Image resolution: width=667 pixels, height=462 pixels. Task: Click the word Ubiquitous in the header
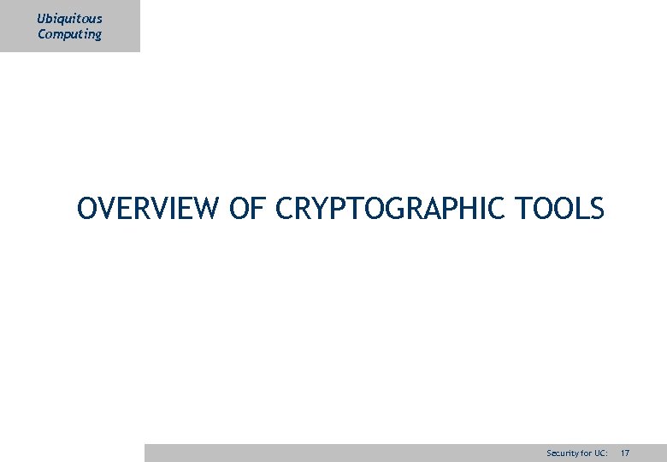click(69, 19)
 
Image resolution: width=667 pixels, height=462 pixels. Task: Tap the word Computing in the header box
click(69, 34)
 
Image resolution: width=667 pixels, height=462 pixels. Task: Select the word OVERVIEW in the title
click(148, 209)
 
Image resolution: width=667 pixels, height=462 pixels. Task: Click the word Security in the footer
click(561, 452)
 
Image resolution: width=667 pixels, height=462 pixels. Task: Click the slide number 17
click(625, 452)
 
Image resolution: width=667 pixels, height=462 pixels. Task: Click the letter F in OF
click(259, 209)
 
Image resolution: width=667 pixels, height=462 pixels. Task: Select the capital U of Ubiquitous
click(42, 19)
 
